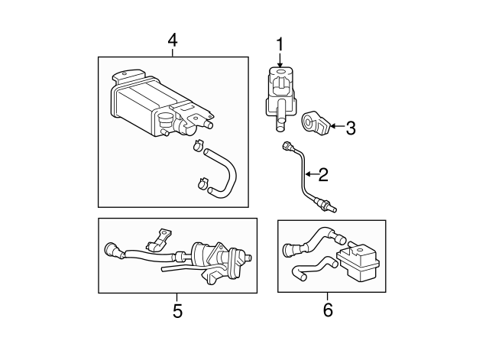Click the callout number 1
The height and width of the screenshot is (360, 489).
[x=280, y=44]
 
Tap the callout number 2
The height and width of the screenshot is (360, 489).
[x=323, y=175]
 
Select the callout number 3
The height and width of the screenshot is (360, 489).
[x=351, y=128]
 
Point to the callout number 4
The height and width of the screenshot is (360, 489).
[x=173, y=41]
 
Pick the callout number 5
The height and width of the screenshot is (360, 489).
[x=177, y=311]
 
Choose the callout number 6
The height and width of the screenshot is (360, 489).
[x=328, y=310]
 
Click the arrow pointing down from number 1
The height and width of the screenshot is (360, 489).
[x=280, y=60]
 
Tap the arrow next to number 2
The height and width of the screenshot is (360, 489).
[x=311, y=174]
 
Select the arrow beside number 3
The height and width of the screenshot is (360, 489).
[x=337, y=126]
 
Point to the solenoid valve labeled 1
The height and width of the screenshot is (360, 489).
[x=280, y=99]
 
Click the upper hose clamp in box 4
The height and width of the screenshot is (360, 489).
[x=198, y=144]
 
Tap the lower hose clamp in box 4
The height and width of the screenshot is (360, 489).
[x=203, y=183]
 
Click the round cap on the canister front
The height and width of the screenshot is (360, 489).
[x=165, y=119]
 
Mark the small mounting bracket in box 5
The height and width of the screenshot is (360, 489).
[x=160, y=239]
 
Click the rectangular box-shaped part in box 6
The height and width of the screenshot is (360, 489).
[x=359, y=261]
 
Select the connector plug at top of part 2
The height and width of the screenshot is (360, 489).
[x=287, y=146]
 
